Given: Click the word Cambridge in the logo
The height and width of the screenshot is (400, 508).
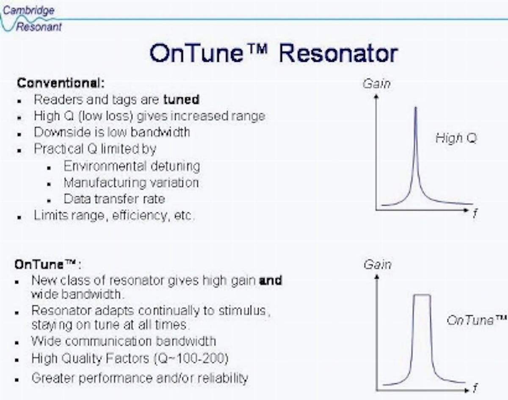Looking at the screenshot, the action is click(28, 10).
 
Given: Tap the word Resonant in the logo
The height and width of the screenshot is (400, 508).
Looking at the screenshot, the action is click(39, 27).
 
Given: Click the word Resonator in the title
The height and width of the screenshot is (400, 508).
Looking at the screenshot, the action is click(339, 53).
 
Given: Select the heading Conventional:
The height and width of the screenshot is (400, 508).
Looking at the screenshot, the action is click(61, 83).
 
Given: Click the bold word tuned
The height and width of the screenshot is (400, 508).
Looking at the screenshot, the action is click(181, 99).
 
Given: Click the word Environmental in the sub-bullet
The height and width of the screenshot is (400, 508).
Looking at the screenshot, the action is click(105, 166).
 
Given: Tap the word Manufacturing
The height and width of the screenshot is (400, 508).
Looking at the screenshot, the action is click(105, 182).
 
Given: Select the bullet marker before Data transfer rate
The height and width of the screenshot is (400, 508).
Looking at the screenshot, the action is click(49, 201).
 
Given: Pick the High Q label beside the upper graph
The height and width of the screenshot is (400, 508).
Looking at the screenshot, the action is click(456, 138).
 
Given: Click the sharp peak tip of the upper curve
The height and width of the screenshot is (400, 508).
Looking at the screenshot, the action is click(416, 108).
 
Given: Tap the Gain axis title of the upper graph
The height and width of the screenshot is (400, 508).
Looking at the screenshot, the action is click(376, 83).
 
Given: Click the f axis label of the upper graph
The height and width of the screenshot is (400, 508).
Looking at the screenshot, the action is click(475, 213).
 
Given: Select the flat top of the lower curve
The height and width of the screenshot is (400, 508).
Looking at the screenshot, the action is click(422, 295).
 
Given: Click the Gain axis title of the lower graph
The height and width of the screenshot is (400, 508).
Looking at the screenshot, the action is click(378, 264).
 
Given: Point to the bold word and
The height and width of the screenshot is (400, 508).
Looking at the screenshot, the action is click(271, 280).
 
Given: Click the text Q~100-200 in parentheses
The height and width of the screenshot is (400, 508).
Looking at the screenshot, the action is click(191, 359).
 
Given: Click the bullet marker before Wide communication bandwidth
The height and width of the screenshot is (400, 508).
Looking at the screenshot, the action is click(17, 342).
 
